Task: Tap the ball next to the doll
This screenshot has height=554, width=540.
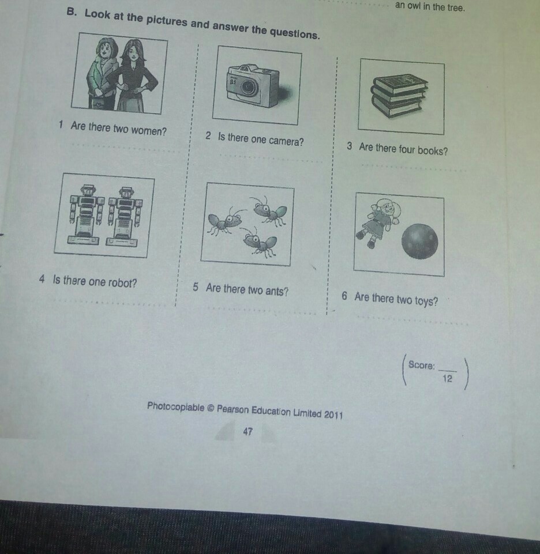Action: pos(420,242)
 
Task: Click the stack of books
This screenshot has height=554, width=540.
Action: pos(399,95)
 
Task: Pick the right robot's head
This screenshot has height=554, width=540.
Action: pos(126,193)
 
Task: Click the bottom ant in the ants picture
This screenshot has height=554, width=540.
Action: pos(259,242)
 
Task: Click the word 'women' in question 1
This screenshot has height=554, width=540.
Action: pos(148,131)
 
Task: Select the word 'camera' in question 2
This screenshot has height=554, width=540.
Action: pos(286,141)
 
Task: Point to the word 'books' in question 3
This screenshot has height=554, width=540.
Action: pos(433,151)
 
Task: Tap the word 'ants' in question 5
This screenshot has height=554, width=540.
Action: pos(277,291)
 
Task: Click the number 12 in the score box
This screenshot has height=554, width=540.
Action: pos(447,379)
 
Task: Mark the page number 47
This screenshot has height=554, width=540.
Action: pos(248,431)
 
